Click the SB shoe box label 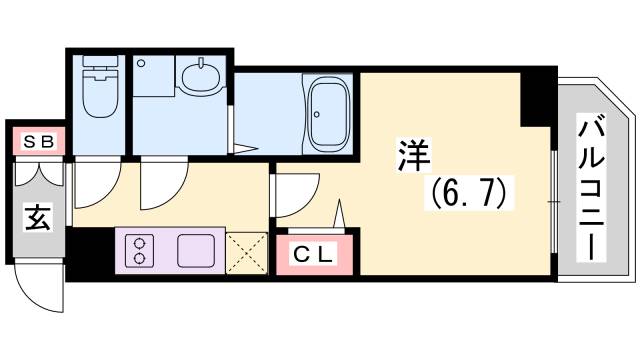click(x=39, y=141)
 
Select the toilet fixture click(x=98, y=91)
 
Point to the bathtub click(x=327, y=113)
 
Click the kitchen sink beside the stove click(x=196, y=249)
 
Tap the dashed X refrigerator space click(x=246, y=250)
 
